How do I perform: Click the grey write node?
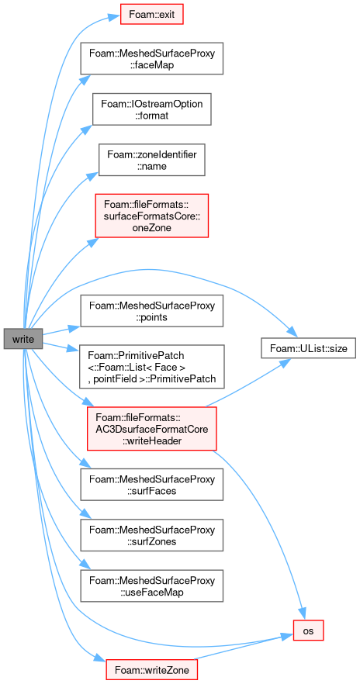(x=23, y=338)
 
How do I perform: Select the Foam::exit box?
(x=151, y=14)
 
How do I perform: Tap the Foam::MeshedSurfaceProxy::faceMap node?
(x=151, y=58)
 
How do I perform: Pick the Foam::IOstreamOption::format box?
(x=151, y=109)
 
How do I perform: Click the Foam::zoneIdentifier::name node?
(x=151, y=160)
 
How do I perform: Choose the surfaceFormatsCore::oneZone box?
(x=151, y=216)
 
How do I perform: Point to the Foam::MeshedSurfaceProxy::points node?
(x=151, y=311)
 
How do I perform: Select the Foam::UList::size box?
(x=308, y=347)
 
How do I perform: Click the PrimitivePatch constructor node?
(x=151, y=366)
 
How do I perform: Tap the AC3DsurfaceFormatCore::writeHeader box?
(x=152, y=428)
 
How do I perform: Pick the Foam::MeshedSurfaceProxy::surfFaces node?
(x=151, y=485)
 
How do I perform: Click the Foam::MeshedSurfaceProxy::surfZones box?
(x=151, y=535)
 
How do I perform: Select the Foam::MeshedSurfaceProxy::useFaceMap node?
(x=151, y=586)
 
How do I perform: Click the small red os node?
(x=308, y=630)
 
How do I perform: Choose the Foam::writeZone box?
(x=151, y=669)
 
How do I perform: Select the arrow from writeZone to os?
(x=243, y=648)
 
